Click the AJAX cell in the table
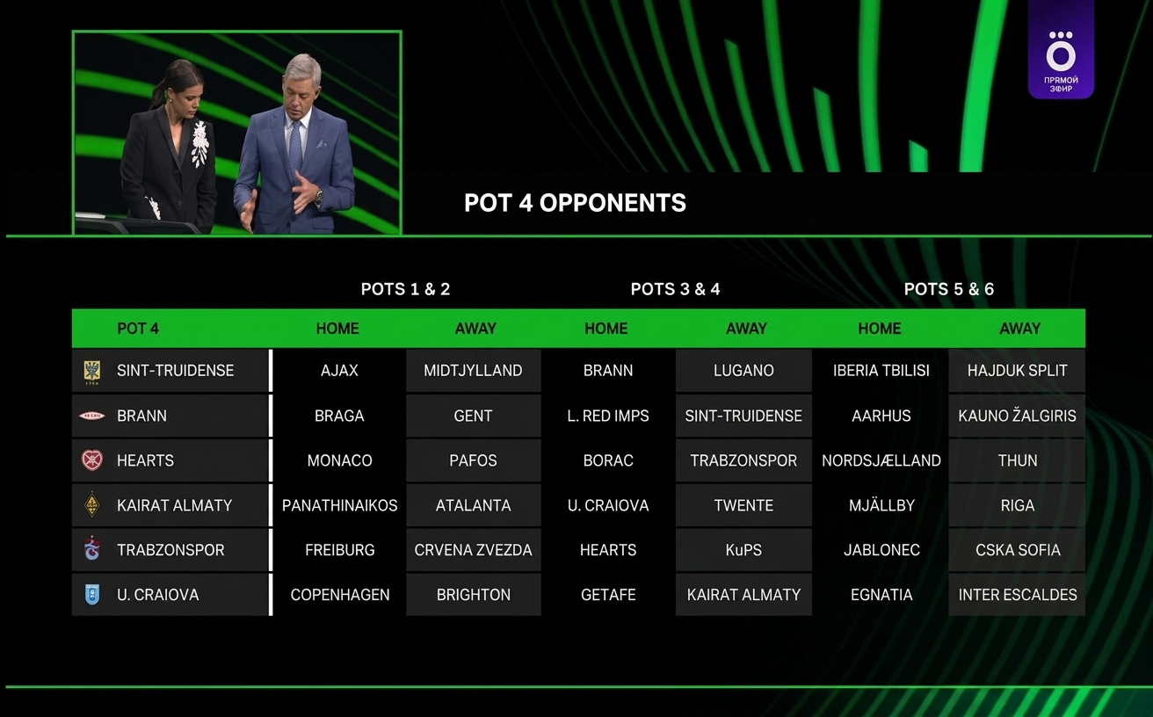339,371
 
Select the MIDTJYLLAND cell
473,371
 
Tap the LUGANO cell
743,371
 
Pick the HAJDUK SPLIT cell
1017,371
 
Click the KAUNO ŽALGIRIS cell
1017,416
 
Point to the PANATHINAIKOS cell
339,505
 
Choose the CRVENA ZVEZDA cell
473,550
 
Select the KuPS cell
743,550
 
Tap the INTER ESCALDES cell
1017,595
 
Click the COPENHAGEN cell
339,595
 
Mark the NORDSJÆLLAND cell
881,460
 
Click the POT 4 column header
137,329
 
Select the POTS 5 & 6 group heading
948,289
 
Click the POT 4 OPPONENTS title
575,203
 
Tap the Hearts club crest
92,460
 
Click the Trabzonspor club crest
92,548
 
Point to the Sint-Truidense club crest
92,372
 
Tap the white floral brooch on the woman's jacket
199,144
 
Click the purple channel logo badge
1061,50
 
